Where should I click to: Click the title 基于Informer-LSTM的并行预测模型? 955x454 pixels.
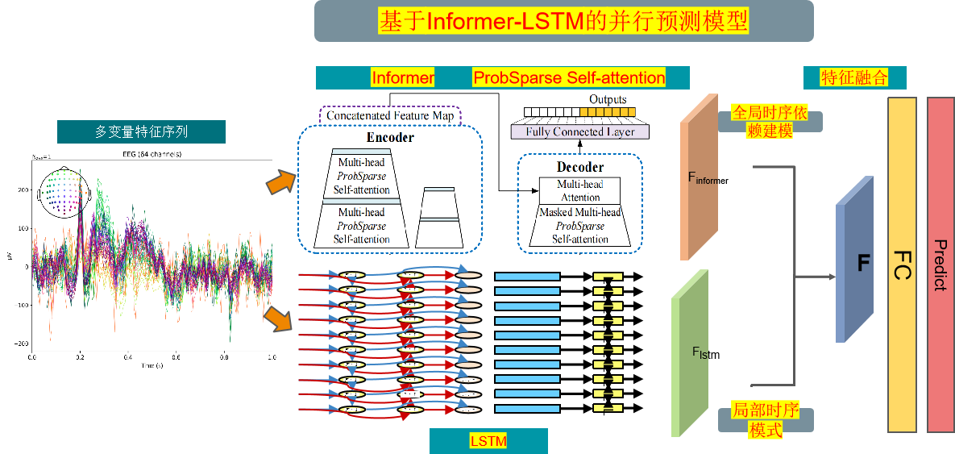[563, 21]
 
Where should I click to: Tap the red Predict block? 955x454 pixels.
[940, 264]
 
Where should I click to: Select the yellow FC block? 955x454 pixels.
[902, 264]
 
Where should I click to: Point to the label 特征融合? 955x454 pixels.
[854, 77]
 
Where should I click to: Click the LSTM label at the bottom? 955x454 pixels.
[488, 441]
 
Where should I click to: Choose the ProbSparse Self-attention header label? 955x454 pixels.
[569, 77]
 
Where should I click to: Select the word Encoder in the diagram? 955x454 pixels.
[390, 137]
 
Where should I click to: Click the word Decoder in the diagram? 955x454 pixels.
[580, 167]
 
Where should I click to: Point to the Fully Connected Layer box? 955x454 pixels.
[580, 131]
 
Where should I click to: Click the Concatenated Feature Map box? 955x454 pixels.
[390, 116]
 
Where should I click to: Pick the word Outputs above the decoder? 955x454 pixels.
[608, 99]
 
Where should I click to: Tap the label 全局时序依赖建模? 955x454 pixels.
[770, 120]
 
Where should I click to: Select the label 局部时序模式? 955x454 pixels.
[765, 419]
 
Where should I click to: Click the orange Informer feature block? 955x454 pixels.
[699, 177]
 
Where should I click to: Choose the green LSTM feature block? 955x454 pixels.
[690, 352]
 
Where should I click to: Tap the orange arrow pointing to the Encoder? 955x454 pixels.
[279, 182]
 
